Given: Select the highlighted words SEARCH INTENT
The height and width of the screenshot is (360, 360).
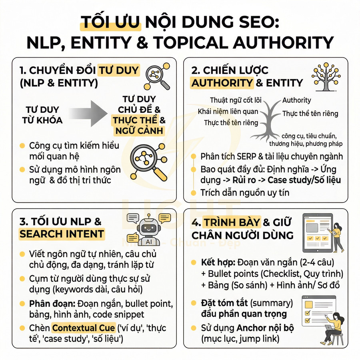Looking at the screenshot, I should click(62, 234).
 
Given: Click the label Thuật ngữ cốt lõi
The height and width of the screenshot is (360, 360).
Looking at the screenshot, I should click(236, 100).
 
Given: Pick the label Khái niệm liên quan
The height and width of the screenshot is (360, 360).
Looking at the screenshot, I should click(228, 112).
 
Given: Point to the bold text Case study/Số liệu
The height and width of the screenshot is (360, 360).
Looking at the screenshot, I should click(304, 180).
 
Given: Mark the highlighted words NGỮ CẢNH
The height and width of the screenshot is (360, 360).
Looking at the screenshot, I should click(138, 130).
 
